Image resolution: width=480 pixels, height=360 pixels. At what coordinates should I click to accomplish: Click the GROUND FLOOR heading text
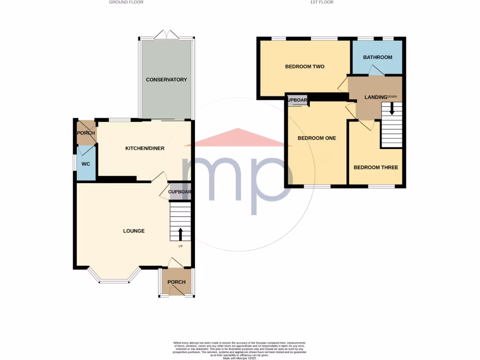(126, 2)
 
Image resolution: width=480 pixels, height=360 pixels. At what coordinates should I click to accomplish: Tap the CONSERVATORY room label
(166, 80)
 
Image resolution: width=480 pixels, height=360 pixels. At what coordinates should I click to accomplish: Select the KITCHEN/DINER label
(144, 149)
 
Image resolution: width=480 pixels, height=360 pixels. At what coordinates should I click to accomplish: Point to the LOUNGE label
(134, 231)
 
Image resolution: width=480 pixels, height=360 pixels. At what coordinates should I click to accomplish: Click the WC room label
(86, 164)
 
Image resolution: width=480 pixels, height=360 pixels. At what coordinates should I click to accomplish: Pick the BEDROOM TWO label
(305, 67)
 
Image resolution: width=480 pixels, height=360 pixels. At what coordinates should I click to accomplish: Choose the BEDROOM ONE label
(317, 138)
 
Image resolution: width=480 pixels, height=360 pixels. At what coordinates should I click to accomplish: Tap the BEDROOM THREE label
(375, 167)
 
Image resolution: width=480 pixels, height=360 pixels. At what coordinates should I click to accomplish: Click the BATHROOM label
(377, 57)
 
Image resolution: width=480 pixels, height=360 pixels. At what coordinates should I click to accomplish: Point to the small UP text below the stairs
(180, 246)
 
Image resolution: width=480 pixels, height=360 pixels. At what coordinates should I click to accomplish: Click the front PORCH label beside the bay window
(176, 282)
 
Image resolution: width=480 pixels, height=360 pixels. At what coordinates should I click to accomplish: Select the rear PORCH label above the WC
(86, 133)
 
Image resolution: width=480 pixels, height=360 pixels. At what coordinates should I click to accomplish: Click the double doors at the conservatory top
(167, 34)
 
